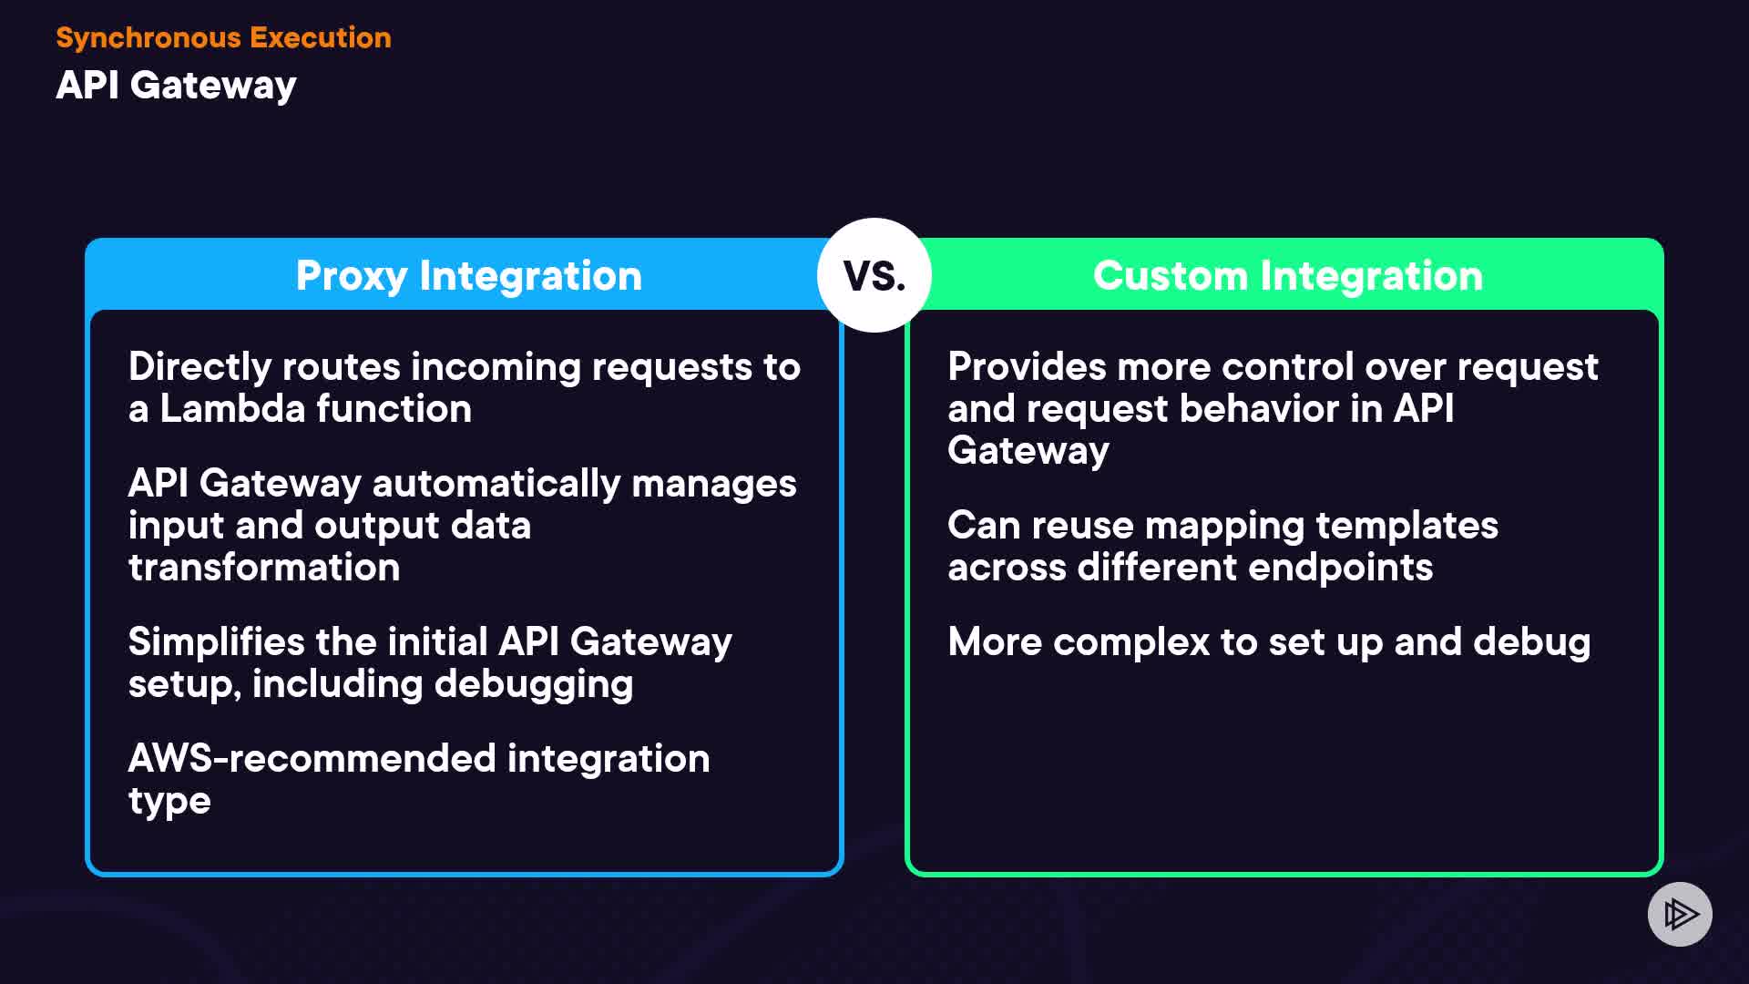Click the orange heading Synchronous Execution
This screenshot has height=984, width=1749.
point(223,37)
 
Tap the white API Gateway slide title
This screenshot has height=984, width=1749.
point(176,85)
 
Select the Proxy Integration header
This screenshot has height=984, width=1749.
point(468,275)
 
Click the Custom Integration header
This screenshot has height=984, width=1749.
point(1287,275)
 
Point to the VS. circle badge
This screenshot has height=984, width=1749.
point(874,275)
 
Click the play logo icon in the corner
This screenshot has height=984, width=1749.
point(1680,914)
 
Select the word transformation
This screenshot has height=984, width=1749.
point(264,567)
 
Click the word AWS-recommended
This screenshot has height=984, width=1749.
point(312,758)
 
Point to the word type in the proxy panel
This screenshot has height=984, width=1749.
point(169,802)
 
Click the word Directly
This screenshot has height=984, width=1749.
point(199,366)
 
